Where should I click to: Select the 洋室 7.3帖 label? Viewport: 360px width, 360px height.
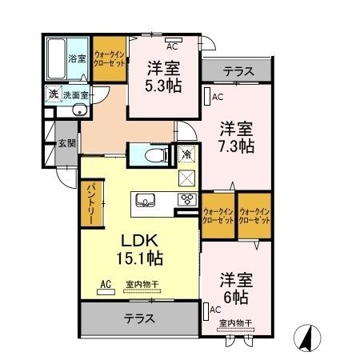point(237,137)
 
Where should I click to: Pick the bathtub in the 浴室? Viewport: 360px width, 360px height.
point(57,58)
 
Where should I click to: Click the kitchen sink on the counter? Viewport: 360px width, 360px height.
point(147,200)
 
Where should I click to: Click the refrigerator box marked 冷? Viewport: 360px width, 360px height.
point(186,154)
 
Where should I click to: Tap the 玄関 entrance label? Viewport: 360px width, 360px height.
point(66,144)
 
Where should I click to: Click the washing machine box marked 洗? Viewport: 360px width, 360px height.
point(53,93)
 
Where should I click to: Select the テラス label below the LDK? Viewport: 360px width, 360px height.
point(139,318)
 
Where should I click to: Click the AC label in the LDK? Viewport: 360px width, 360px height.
point(106,284)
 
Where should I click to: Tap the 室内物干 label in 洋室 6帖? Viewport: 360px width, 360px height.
point(237,323)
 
